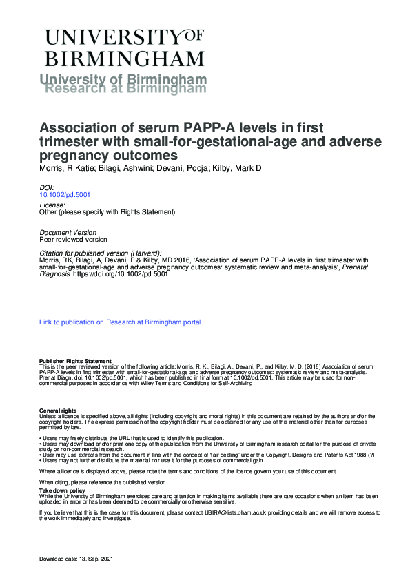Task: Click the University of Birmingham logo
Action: [x=124, y=46]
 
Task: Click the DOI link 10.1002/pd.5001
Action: [x=65, y=195]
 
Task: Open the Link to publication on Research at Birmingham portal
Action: [x=120, y=322]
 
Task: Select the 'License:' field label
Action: [x=52, y=205]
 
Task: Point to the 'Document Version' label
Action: [x=68, y=232]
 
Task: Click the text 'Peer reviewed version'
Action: [x=73, y=240]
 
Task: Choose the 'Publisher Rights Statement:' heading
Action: [x=76, y=360]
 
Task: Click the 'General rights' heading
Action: [x=58, y=411]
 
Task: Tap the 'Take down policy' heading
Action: [x=62, y=490]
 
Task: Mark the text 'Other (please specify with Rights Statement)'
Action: [x=107, y=212]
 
